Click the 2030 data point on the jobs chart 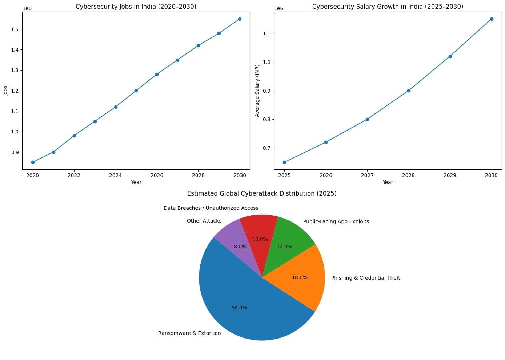pos(240,19)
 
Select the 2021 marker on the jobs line pos(54,152)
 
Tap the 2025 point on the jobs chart pos(136,91)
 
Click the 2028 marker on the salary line pos(409,91)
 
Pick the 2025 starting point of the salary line pos(285,162)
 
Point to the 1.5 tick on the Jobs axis pos(15,29)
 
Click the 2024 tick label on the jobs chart pos(115,175)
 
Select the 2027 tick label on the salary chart pos(367,175)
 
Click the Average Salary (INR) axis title pos(257,91)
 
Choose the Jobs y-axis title pos(5,91)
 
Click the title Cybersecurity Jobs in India pos(136,7)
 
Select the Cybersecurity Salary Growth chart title pos(388,7)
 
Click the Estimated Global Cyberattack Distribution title pos(262,193)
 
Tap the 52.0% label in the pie pos(239,308)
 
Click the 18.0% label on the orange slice pos(300,277)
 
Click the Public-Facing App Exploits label pos(336,221)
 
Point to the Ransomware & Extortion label pos(189,333)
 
